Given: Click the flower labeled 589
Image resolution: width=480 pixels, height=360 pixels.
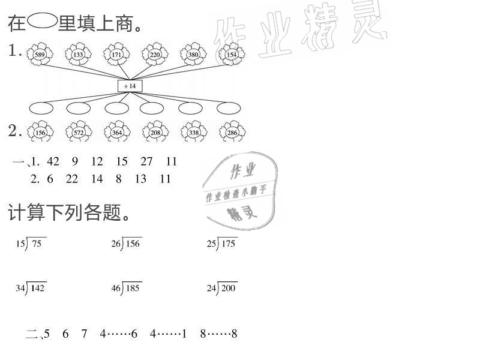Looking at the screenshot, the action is point(41,55).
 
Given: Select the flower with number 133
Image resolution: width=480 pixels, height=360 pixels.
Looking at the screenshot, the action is point(78,55).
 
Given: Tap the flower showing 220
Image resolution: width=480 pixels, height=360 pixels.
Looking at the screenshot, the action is point(154,55).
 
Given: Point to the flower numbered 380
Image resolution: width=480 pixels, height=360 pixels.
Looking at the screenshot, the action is point(193,55).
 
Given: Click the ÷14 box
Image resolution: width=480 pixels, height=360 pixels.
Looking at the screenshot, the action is point(130,86).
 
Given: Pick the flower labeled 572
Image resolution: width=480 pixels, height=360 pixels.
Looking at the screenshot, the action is point(78,132).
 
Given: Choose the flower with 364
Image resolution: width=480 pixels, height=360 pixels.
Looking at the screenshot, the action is point(116,132).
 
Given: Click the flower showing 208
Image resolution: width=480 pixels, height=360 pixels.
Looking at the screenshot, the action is point(155,132).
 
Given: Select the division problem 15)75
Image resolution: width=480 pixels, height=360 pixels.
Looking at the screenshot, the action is point(31,243).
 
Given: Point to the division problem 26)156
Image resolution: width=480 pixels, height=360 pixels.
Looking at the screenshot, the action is point(126,243).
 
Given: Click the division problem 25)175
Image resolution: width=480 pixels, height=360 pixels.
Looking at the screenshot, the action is point(222,243).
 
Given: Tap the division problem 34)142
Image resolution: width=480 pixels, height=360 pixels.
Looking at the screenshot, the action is point(31,288).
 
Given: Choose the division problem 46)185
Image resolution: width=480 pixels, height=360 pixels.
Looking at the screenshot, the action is point(126,288).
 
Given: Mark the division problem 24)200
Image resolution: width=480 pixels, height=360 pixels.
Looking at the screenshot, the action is point(222,288).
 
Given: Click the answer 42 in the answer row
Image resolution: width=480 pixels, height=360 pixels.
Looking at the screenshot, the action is point(53,161).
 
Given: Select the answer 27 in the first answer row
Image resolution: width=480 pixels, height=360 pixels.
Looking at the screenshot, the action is point(146,161).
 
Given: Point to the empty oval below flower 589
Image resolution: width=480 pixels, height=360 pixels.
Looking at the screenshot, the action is point(41,108).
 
